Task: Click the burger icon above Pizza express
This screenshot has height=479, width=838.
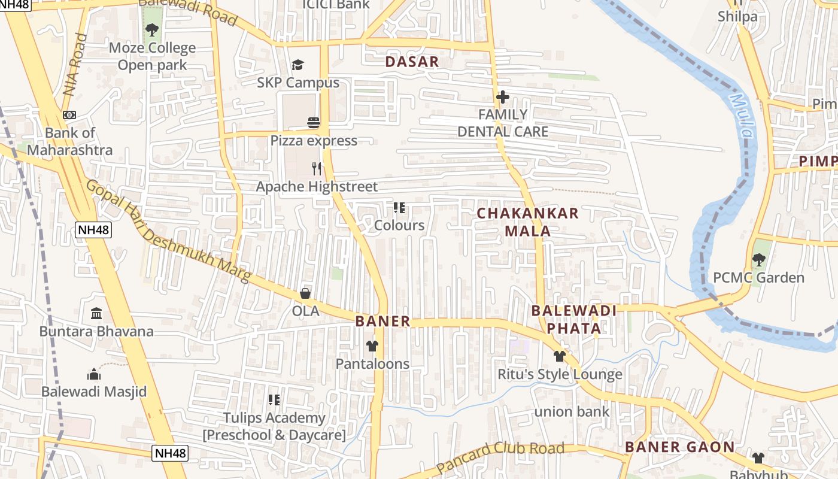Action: click(x=314, y=123)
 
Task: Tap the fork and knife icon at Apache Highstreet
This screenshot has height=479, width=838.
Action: click(x=317, y=169)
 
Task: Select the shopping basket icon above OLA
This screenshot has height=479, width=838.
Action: click(x=305, y=293)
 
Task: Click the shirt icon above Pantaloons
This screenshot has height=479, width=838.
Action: click(x=372, y=345)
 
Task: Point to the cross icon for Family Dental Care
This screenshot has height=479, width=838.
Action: click(x=503, y=96)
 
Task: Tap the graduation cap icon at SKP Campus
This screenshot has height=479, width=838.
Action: click(x=297, y=65)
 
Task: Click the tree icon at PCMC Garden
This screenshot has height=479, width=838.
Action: click(x=758, y=260)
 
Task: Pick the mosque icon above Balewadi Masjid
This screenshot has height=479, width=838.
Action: click(x=94, y=374)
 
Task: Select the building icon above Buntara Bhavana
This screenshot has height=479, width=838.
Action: click(x=96, y=313)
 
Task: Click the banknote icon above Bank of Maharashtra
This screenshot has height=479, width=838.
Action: click(x=69, y=115)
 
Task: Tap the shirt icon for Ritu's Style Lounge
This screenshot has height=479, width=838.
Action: click(x=560, y=356)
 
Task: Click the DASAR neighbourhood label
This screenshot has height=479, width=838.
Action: click(x=412, y=62)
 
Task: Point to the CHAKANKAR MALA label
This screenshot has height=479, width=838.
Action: click(x=528, y=222)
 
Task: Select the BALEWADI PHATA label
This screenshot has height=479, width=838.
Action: click(x=574, y=319)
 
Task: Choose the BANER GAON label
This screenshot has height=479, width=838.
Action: click(x=679, y=447)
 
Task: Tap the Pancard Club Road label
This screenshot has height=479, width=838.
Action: click(x=500, y=457)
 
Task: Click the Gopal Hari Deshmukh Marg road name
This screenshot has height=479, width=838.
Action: click(x=168, y=231)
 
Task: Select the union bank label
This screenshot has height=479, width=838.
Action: click(x=572, y=411)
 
